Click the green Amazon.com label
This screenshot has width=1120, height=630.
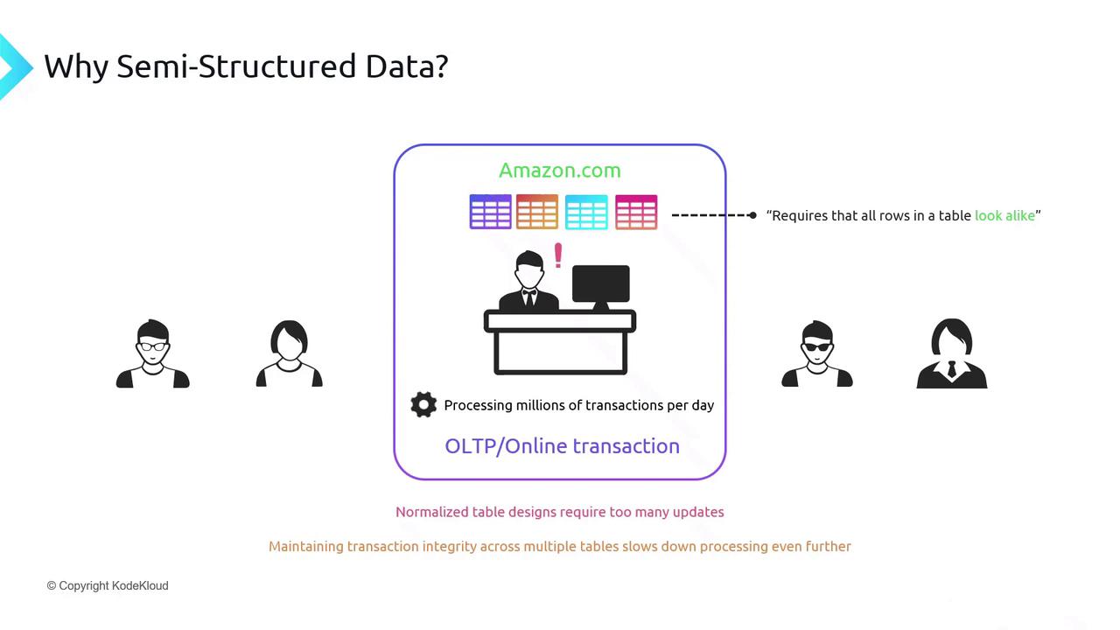[x=559, y=171]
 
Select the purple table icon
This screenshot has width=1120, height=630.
[x=490, y=213]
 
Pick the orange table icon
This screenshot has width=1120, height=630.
[x=537, y=213]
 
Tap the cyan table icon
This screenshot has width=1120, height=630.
[x=586, y=213]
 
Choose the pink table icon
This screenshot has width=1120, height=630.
[x=636, y=213]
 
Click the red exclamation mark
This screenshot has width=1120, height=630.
[x=557, y=255]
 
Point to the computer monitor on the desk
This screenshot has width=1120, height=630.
[x=600, y=284]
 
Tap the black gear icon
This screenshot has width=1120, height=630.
[x=423, y=404]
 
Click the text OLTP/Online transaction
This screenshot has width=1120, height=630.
[x=562, y=446]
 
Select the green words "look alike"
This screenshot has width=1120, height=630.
[x=1004, y=215]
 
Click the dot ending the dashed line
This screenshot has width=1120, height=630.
[x=752, y=215]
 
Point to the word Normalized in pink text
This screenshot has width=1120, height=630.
[x=432, y=512]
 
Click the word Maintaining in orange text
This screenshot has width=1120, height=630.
[x=306, y=546]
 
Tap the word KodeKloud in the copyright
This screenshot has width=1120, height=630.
[x=140, y=585]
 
